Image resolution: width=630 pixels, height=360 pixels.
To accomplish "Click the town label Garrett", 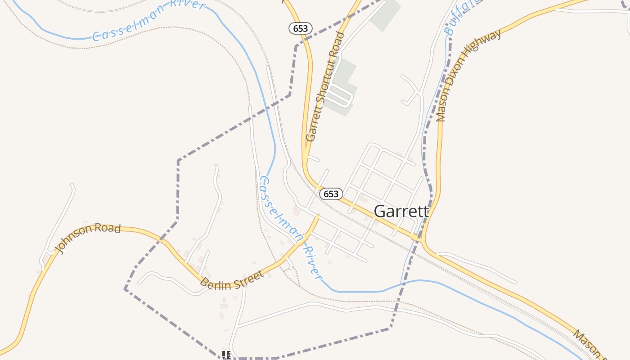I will click(401, 211).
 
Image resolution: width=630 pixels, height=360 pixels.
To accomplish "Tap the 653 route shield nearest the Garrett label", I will click(331, 194).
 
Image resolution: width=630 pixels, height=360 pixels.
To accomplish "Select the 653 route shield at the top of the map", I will click(300, 28).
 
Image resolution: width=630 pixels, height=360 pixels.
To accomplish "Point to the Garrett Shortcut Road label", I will click(325, 86).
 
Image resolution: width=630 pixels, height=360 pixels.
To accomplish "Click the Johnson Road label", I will click(88, 238).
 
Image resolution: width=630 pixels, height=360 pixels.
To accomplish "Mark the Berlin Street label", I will click(231, 280).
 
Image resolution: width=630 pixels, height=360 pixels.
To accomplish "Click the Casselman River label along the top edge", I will click(148, 21).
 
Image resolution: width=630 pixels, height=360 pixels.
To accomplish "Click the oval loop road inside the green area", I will click(340, 95).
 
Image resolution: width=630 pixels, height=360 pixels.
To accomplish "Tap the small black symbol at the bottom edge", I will click(226, 355).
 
